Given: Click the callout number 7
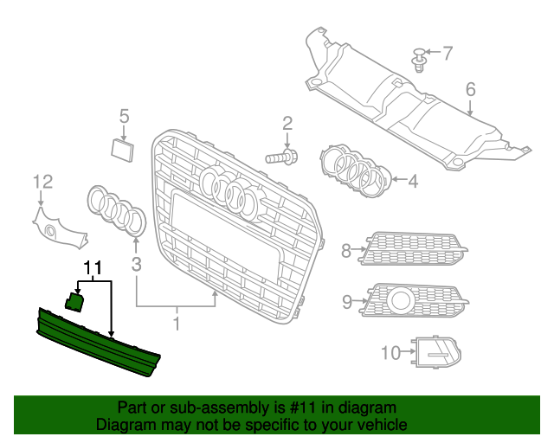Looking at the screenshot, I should click(448, 53).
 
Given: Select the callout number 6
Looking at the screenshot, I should click(471, 89).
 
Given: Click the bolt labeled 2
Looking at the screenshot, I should click(280, 157).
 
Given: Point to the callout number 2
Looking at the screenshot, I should click(287, 124).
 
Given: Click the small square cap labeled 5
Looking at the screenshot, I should click(123, 149).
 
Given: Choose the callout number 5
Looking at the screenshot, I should click(124, 115).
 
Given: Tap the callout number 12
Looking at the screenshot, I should click(43, 181).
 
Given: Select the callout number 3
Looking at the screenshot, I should click(136, 262).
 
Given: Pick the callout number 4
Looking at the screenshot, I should click(413, 182).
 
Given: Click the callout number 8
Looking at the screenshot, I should click(346, 251).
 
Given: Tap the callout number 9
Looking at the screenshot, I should click(347, 301).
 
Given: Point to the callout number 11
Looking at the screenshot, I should click(93, 267).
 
